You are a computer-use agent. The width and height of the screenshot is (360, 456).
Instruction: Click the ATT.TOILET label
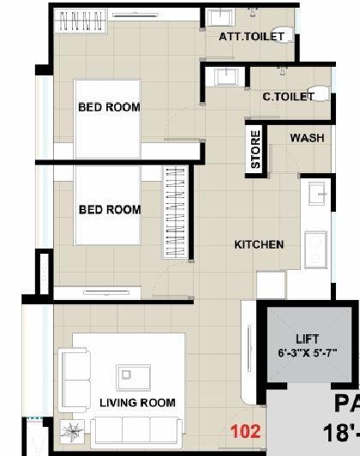[x=251, y=36]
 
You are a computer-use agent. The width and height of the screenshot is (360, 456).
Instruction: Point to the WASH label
[x=306, y=138]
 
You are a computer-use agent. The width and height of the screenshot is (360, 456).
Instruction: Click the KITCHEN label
[x=259, y=244]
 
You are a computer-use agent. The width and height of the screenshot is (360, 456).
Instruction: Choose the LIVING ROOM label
[x=137, y=402]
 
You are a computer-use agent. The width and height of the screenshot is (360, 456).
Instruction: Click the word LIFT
[x=307, y=339]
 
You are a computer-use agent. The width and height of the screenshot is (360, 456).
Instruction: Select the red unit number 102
[x=245, y=432]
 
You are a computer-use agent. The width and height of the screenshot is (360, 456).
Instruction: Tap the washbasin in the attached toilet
[x=221, y=19]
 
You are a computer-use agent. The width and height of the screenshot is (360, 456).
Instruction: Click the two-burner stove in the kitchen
[x=315, y=249]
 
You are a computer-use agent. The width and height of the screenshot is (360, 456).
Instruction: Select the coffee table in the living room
[x=130, y=375]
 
